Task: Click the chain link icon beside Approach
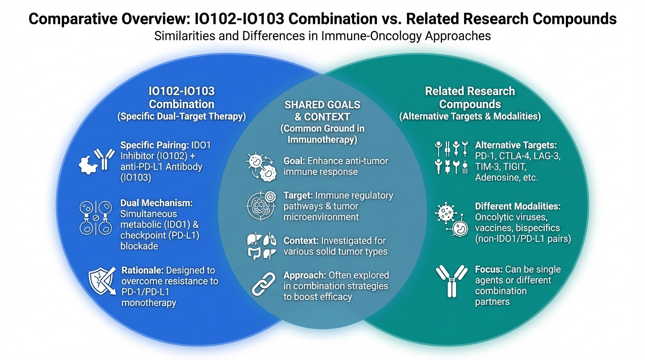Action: click(x=263, y=284)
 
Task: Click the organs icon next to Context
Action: click(x=262, y=246)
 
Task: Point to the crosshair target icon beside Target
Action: click(x=261, y=206)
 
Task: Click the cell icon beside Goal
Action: click(x=261, y=166)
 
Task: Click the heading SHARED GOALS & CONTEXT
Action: click(x=322, y=111)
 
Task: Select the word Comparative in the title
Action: click(x=73, y=19)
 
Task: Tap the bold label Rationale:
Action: click(x=142, y=270)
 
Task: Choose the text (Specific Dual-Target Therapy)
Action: click(x=182, y=116)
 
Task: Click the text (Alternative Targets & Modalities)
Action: click(x=470, y=116)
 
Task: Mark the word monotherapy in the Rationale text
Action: click(x=149, y=303)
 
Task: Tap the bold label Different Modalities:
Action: click(x=517, y=206)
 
